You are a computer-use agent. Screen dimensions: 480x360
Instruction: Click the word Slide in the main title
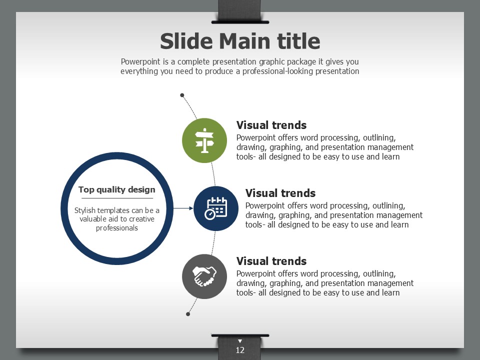pos(186,41)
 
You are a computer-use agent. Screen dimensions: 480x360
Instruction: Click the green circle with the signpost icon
pos(204,140)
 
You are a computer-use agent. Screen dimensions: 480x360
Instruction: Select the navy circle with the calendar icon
pos(216,208)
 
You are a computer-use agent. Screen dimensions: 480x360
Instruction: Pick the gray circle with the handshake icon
pos(204,276)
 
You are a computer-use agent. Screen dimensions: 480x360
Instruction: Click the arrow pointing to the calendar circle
pos(183,208)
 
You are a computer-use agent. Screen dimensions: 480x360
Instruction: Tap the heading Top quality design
pos(116,190)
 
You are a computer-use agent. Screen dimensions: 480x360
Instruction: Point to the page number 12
pos(240,350)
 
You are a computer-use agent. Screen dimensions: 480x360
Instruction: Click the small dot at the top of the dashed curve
pos(182,95)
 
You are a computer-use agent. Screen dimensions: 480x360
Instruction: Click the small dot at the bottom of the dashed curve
pos(188,314)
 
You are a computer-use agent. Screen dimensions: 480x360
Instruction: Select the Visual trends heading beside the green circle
pos(271,125)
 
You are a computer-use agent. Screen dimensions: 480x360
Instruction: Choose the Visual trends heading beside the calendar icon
pos(280,193)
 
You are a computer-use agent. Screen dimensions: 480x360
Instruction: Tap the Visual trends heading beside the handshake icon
pos(271,261)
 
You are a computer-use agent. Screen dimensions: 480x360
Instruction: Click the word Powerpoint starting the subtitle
pos(140,62)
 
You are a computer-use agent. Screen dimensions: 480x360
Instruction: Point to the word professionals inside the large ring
pos(117,228)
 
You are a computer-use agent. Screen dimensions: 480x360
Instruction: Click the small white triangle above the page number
pos(240,341)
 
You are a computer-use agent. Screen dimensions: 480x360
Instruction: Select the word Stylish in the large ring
pos(85,210)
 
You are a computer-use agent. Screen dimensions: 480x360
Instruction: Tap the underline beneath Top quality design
pos(117,198)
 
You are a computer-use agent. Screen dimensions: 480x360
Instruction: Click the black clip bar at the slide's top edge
pos(240,22)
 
